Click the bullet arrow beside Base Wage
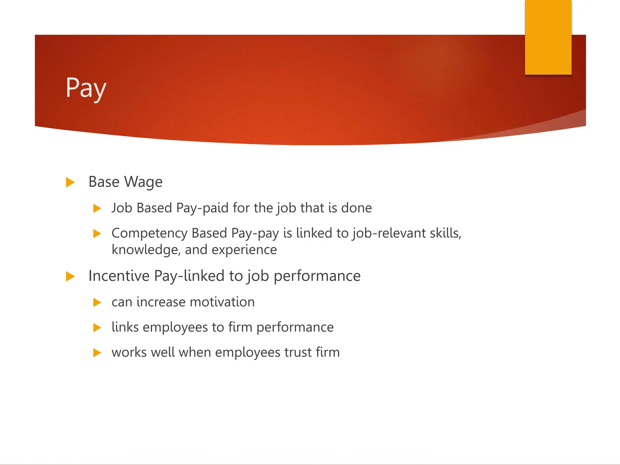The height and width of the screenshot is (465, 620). pyautogui.click(x=70, y=182)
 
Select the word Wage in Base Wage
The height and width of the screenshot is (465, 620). pyautogui.click(x=143, y=182)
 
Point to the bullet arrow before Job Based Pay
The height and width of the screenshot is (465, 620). pyautogui.click(x=97, y=208)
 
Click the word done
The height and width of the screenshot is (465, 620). pyautogui.click(x=356, y=208)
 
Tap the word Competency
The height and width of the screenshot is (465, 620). pyautogui.click(x=150, y=233)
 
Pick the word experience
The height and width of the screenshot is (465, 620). pyautogui.click(x=244, y=250)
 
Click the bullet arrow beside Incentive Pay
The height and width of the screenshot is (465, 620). pyautogui.click(x=70, y=276)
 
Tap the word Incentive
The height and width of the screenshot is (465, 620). pyautogui.click(x=119, y=276)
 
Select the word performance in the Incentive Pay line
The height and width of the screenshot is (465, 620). pyautogui.click(x=317, y=276)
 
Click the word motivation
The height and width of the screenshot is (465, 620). pyautogui.click(x=222, y=302)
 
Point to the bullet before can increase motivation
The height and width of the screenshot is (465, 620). pyautogui.click(x=97, y=302)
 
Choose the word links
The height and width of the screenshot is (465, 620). pyautogui.click(x=125, y=327)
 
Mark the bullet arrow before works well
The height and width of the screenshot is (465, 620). pyautogui.click(x=97, y=353)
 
